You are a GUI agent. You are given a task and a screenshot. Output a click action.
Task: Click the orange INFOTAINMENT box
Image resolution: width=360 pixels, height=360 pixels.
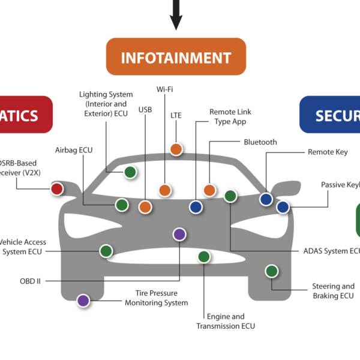tap(176, 58)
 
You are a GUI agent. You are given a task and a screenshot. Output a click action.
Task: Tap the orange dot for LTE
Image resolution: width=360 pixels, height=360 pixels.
tap(176, 149)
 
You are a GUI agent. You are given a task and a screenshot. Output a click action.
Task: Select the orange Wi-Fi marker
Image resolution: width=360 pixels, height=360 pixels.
tap(164, 190)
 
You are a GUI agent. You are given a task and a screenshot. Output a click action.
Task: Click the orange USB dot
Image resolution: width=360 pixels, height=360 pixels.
tap(145, 207)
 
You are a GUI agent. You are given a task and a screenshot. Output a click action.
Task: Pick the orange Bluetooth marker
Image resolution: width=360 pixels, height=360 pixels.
tap(209, 190)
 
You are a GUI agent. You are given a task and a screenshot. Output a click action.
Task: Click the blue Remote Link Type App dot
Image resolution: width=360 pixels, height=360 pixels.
tap(195, 207)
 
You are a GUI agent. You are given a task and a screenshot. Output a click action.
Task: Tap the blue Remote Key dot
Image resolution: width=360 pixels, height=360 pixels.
tap(266, 199)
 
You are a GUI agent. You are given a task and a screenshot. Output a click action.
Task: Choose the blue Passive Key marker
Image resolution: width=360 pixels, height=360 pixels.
tap(283, 207)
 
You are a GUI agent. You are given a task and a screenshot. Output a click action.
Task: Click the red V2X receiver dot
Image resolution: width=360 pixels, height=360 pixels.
tap(56, 189)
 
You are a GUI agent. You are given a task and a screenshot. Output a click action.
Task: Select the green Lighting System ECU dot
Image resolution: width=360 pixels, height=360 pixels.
tap(130, 173)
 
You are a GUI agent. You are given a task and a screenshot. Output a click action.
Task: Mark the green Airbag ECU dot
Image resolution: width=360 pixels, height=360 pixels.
tap(122, 205)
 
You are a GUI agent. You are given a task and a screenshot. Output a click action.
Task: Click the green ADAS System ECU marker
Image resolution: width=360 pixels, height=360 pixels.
tap(230, 196)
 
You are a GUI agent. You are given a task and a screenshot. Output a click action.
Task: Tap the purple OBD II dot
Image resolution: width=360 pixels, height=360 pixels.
tap(179, 234)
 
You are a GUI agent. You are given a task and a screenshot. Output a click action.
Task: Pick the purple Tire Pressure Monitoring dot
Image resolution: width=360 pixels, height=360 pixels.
tap(83, 300)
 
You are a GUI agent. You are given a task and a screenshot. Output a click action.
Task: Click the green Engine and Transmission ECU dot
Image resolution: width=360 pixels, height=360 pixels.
tap(203, 257)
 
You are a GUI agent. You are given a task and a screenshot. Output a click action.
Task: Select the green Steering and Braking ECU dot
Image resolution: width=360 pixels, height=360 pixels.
tap(271, 271)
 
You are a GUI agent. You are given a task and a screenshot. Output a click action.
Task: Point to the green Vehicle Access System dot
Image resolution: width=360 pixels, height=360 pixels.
tap(106, 251)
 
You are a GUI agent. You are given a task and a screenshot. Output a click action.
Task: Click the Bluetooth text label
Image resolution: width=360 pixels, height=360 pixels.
tap(260, 143)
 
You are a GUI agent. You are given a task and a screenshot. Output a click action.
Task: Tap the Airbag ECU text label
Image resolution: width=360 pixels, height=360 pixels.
tap(74, 150)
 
